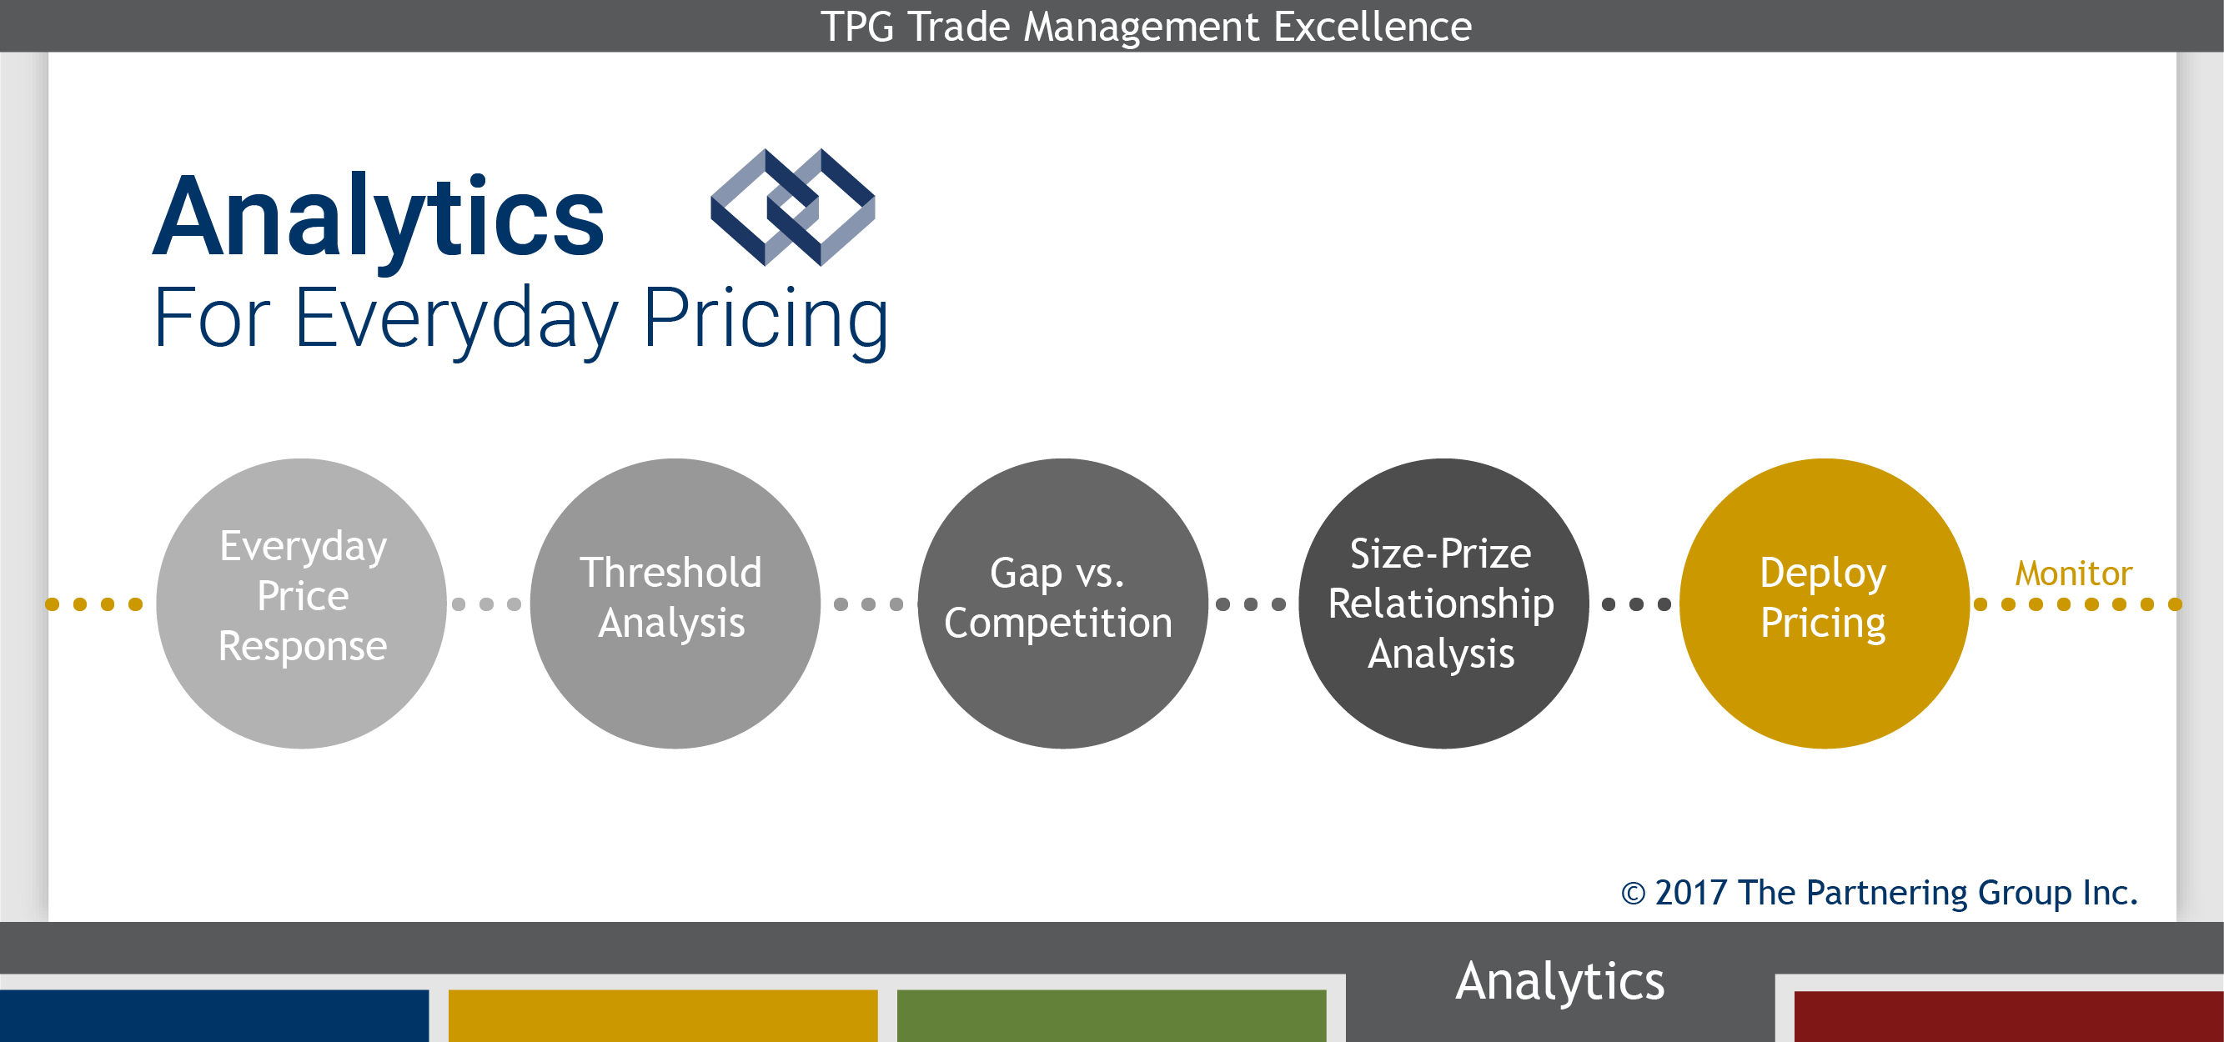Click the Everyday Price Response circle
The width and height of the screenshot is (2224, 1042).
pos(301,604)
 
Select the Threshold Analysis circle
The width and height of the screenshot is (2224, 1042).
pos(675,604)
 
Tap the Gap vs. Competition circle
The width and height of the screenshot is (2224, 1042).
pos(1062,604)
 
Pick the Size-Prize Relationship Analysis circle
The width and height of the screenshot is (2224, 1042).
pos(1443,604)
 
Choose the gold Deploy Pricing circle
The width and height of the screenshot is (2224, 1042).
pos(1825,604)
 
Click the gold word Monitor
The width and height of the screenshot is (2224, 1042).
pos(2074,574)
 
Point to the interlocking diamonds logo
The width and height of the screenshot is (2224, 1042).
pos(792,208)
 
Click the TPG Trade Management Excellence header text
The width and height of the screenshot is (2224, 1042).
pos(1146,27)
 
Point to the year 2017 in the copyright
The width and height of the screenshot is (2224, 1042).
pos(1690,893)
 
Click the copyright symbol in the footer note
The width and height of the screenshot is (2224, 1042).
pos(1633,894)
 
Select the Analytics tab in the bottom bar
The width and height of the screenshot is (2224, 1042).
pos(1560,982)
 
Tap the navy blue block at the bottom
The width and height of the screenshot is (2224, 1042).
pos(214,1016)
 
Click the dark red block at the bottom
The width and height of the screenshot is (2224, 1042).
pos(2009,1016)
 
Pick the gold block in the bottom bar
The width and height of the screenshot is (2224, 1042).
pos(663,1016)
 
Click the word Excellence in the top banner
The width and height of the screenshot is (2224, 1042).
pos(1373,27)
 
